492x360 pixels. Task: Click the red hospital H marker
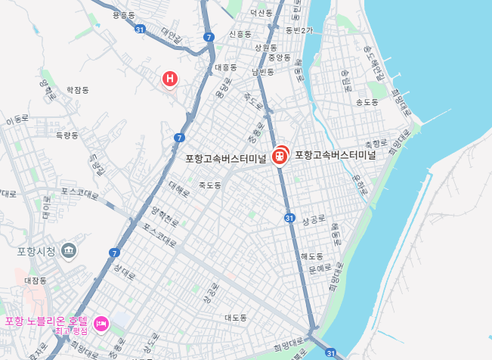pos(171,78)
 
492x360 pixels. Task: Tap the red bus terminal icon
pos(280,155)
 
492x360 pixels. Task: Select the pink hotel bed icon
pos(101,324)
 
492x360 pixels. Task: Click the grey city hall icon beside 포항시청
pos(69,250)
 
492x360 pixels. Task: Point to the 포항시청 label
pos(36,251)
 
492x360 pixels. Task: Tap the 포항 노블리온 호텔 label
pos(46,321)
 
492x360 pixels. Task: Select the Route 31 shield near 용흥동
pos(139,29)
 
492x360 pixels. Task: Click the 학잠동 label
pos(77,89)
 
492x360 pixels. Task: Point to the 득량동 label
pos(67,135)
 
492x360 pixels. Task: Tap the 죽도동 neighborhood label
pos(209,185)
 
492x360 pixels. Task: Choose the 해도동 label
pos(311,256)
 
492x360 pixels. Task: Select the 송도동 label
pos(367,101)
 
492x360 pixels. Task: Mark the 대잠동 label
pos(36,281)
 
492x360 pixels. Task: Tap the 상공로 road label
pos(313,219)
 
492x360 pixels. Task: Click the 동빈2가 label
pos(299,30)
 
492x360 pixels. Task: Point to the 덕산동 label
pos(261,13)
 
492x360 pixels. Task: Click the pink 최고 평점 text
pos(71,331)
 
